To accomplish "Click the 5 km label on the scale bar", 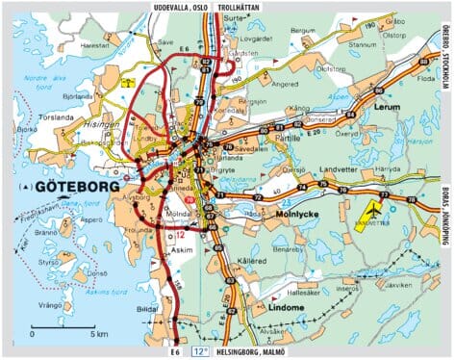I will click(x=99, y=333).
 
